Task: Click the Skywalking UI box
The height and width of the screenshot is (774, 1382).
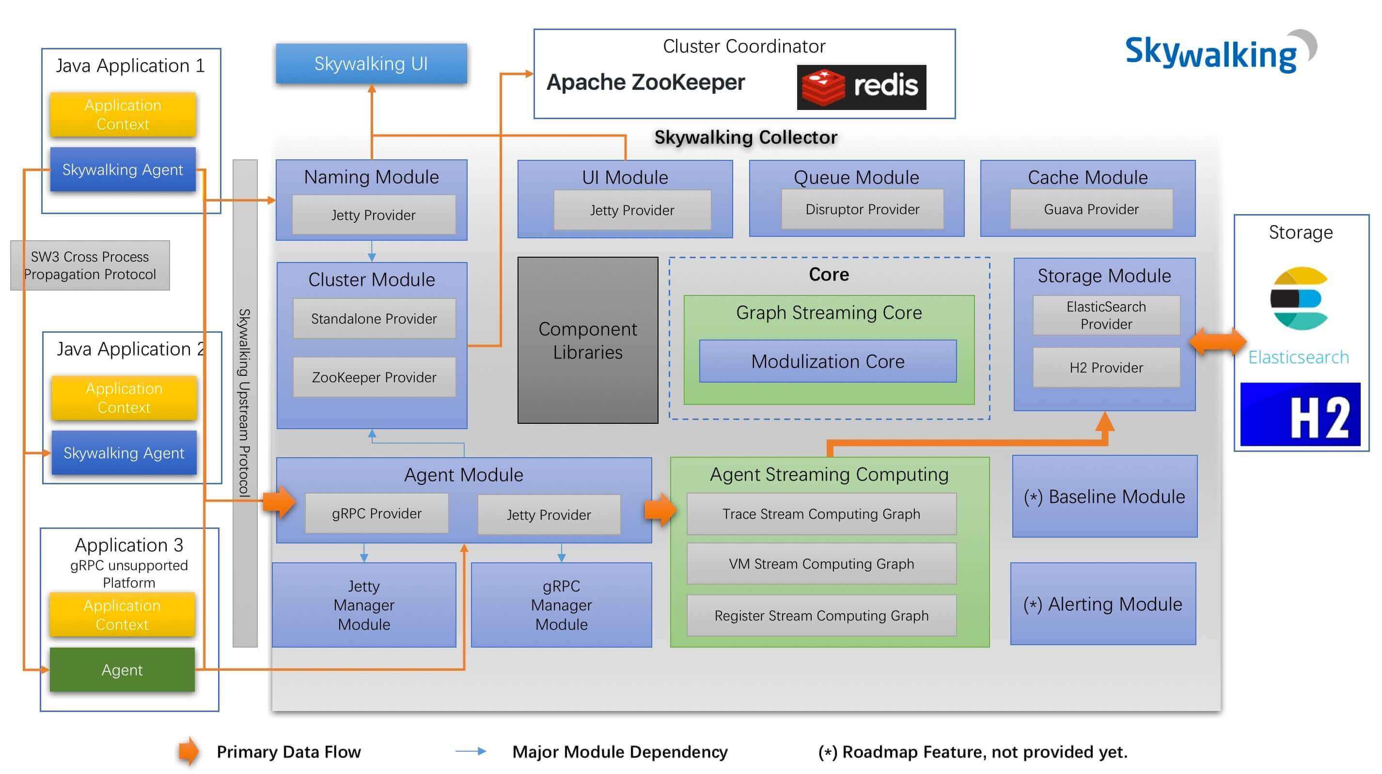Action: coord(371,63)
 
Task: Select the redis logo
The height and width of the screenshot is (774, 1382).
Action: coord(861,87)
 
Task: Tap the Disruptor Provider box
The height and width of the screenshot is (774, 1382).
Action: coord(862,209)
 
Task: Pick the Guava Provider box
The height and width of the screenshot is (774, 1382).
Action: coord(1091,209)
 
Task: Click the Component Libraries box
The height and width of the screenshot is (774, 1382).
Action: coord(587,340)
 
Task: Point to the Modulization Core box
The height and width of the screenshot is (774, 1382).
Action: coord(828,361)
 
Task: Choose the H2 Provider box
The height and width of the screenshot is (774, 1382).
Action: coord(1106,368)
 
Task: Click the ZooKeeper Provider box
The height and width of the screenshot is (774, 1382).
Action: coord(374,377)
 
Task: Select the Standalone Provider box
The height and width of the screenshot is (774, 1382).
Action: coord(374,319)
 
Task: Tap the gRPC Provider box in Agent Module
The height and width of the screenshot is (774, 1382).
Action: coord(377,513)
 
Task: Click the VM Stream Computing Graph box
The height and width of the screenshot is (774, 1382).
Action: coord(821,564)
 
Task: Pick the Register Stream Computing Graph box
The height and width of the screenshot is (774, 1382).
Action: coord(821,615)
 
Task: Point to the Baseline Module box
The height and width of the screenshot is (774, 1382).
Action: coord(1105,496)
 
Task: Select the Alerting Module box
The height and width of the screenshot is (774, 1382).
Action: coord(1103,604)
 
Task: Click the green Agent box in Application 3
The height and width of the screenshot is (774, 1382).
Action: coord(122,669)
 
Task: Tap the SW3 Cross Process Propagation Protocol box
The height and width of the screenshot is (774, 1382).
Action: coord(90,265)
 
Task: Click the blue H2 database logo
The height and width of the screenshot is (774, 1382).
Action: coord(1301,414)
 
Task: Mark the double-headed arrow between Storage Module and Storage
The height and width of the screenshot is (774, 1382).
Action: coord(1218,341)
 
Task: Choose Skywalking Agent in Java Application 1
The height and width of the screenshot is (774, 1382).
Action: coord(123,170)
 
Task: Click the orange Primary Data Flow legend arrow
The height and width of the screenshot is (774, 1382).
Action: coord(188,751)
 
